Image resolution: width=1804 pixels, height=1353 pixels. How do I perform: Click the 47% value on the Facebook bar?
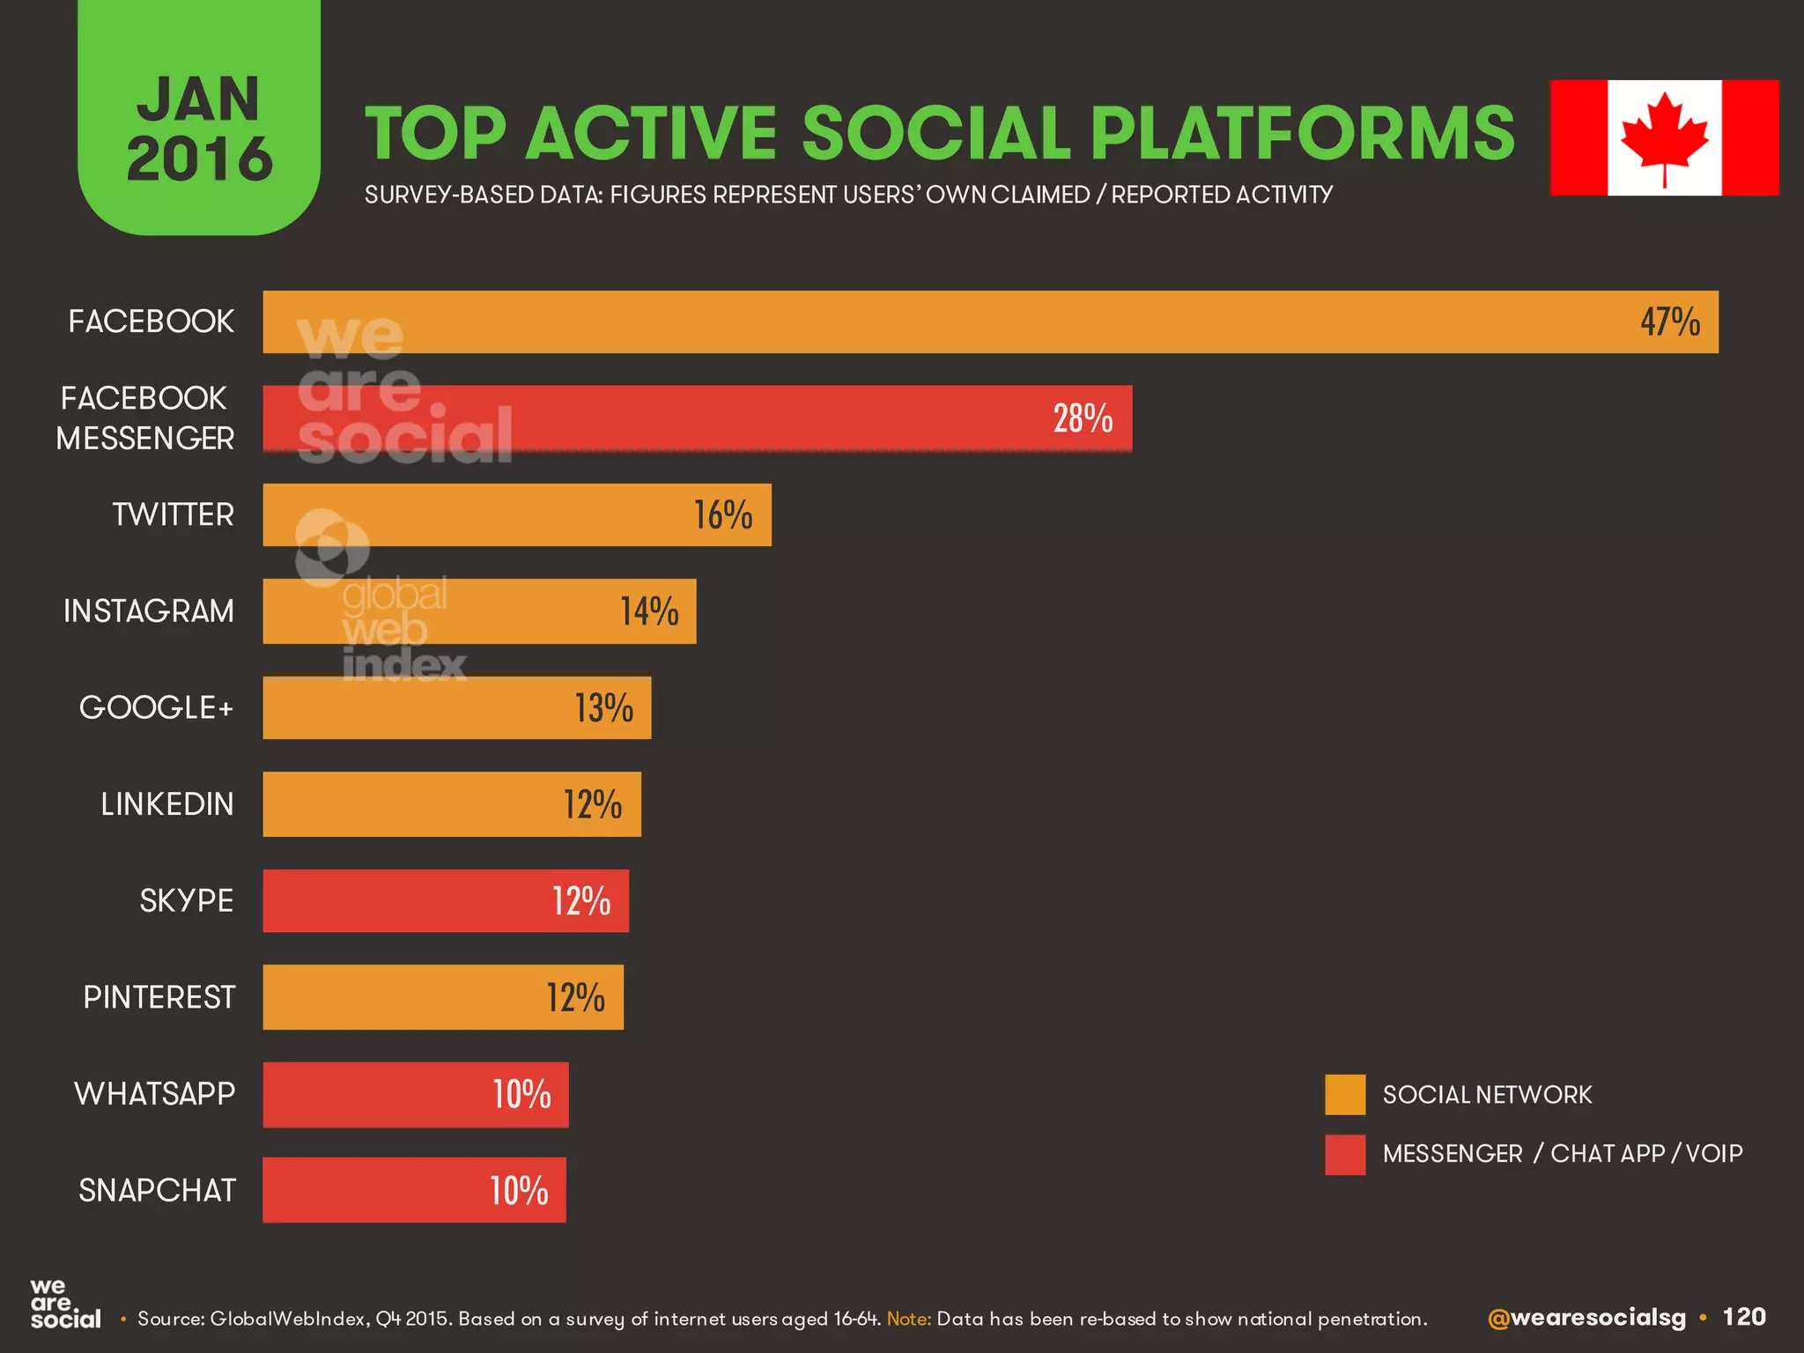pyautogui.click(x=1669, y=322)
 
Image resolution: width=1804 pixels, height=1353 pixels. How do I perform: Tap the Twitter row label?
pyautogui.click(x=173, y=514)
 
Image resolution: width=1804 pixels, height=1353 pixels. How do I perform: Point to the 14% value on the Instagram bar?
pyautogui.click(x=649, y=611)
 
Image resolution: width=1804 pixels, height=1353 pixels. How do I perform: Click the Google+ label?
pyautogui.click(x=156, y=707)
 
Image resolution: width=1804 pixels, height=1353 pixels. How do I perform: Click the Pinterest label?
pyautogui.click(x=159, y=997)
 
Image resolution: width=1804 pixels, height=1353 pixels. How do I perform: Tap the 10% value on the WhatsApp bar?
pyautogui.click(x=521, y=1094)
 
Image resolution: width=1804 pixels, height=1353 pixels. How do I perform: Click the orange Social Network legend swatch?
pyautogui.click(x=1345, y=1095)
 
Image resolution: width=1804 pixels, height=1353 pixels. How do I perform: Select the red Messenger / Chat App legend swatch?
pyautogui.click(x=1345, y=1154)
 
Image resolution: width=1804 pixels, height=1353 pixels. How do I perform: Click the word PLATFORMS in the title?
pyautogui.click(x=1302, y=134)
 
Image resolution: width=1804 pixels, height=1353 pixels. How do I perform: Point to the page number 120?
pyautogui.click(x=1743, y=1317)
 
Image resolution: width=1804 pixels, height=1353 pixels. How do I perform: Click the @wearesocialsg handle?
pyautogui.click(x=1586, y=1318)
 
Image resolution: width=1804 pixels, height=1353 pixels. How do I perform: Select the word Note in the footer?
pyautogui.click(x=907, y=1319)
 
